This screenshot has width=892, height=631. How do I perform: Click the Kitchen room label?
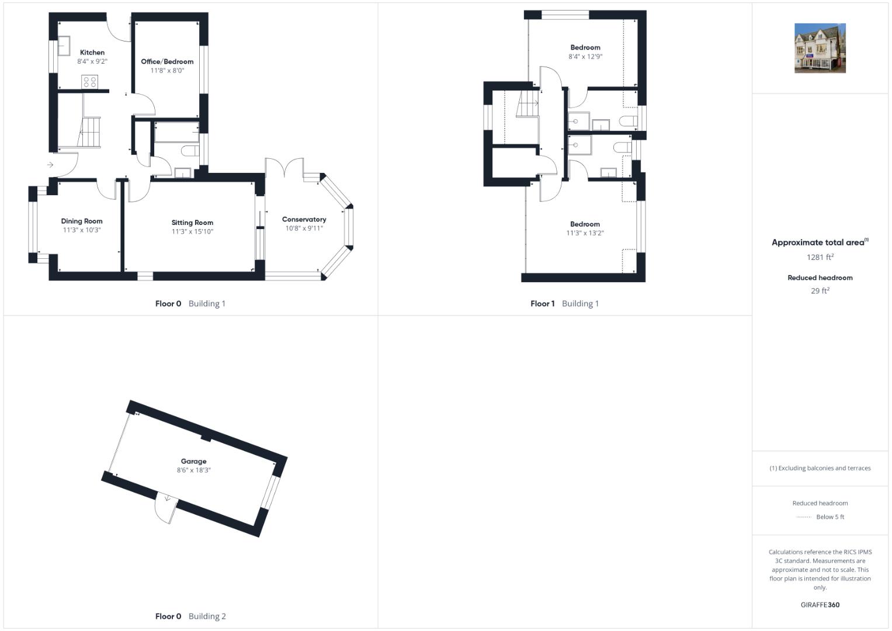pyautogui.click(x=92, y=52)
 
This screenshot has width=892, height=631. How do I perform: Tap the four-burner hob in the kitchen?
pyautogui.click(x=89, y=82)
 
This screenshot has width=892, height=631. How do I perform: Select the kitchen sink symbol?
pyautogui.click(x=64, y=46)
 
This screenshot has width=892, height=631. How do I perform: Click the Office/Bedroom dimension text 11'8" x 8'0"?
pyautogui.click(x=167, y=71)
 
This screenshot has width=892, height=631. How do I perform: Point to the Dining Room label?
pyautogui.click(x=82, y=221)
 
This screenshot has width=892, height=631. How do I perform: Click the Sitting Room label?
pyautogui.click(x=192, y=223)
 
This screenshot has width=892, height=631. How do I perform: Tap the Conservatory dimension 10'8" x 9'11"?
pyautogui.click(x=304, y=228)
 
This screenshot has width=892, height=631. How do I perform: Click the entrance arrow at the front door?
pyautogui.click(x=50, y=165)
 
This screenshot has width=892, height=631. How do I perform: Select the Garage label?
pyautogui.click(x=193, y=462)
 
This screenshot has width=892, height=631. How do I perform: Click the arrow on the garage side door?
pyautogui.click(x=168, y=498)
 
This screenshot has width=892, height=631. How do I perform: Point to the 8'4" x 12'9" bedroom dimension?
pyautogui.click(x=585, y=57)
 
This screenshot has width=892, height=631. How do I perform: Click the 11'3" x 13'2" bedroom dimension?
pyautogui.click(x=585, y=233)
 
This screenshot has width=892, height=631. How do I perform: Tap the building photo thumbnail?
pyautogui.click(x=820, y=48)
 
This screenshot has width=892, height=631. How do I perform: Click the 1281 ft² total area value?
pyautogui.click(x=820, y=257)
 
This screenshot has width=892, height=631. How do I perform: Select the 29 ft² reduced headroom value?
pyautogui.click(x=820, y=290)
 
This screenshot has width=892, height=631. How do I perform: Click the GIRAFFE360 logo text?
pyautogui.click(x=820, y=605)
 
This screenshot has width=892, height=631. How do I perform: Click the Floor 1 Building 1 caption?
pyautogui.click(x=565, y=304)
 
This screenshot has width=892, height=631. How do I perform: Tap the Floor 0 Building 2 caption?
pyautogui.click(x=190, y=616)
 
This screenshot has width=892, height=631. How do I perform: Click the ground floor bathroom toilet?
pyautogui.click(x=190, y=151)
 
